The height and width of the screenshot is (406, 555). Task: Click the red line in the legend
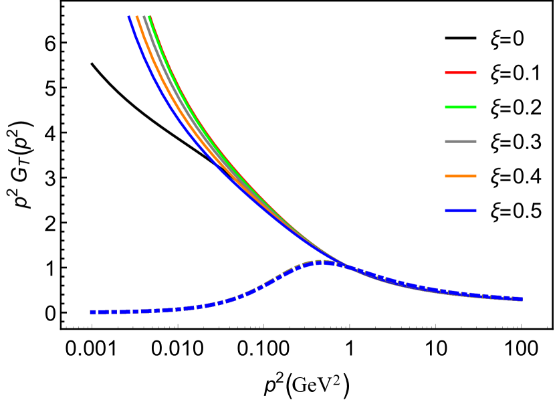click(461, 72)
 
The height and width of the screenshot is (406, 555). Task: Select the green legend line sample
click(461, 107)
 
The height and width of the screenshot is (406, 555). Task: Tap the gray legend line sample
click(461, 142)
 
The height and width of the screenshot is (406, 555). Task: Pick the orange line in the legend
click(461, 177)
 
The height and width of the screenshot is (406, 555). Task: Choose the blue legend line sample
click(461, 211)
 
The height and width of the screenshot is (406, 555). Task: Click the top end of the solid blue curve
click(129, 17)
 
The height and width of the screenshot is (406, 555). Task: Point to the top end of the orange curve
click(137, 17)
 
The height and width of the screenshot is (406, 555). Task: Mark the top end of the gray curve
click(144, 17)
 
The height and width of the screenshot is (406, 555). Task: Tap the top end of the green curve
click(150, 17)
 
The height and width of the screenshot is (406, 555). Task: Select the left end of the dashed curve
click(92, 312)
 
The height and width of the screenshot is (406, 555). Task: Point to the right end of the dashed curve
click(521, 299)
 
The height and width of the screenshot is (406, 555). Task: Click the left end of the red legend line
click(446, 72)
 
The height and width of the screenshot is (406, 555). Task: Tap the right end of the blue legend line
click(476, 211)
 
